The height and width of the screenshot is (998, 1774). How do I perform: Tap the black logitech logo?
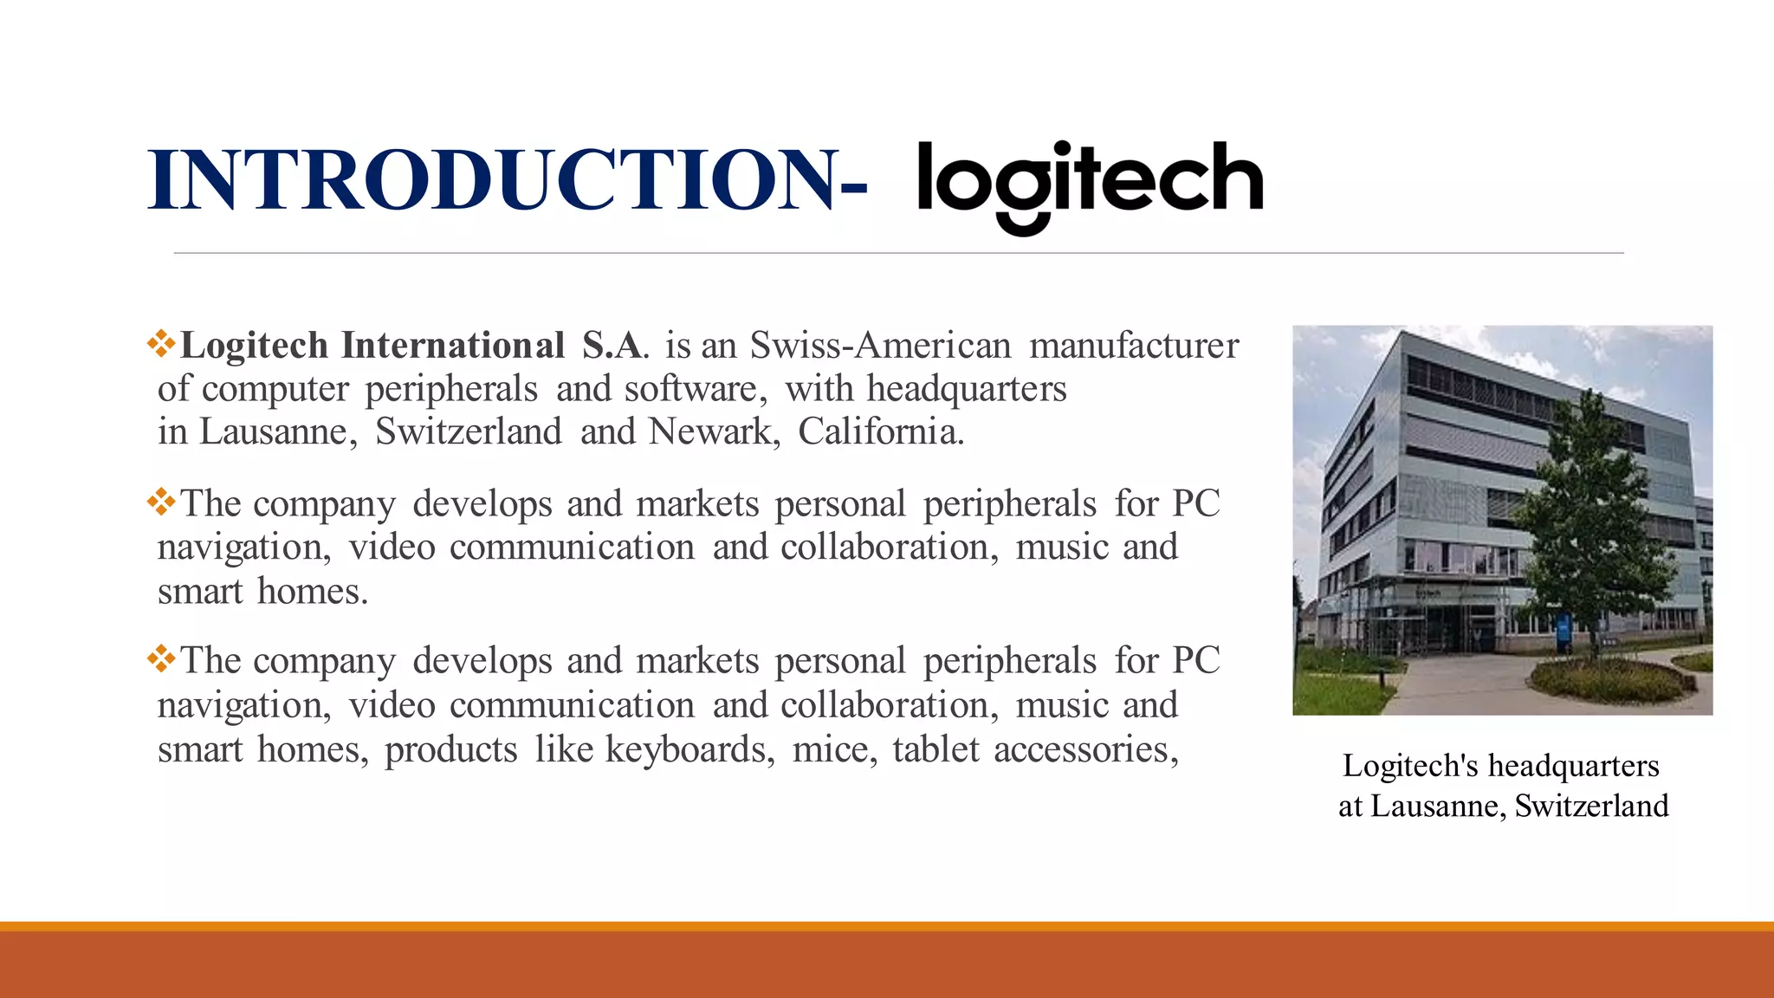1090,184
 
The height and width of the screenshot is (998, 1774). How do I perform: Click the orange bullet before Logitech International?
162,344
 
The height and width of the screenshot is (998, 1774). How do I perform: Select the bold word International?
453,346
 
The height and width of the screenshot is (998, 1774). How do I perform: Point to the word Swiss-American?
880,346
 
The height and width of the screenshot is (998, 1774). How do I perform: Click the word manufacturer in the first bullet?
1134,346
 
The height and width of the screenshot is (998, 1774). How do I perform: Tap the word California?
880,431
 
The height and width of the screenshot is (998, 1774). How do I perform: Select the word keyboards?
690,749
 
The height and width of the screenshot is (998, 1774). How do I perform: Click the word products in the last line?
450,750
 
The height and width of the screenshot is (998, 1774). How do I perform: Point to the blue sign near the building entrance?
1564,628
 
